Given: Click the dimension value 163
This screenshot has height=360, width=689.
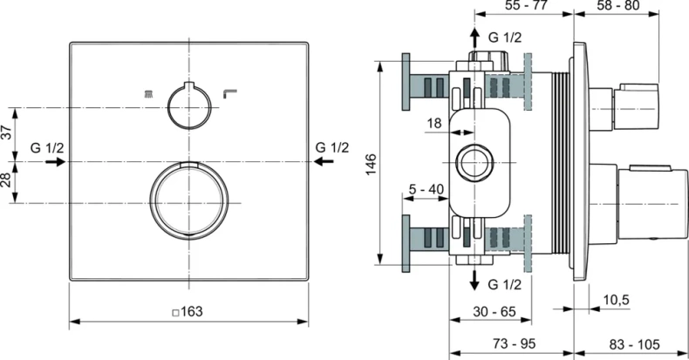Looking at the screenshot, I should (192, 310).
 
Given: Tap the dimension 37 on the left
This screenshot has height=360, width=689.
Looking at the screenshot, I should (8, 133).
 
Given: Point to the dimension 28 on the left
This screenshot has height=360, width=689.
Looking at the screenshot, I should (8, 181).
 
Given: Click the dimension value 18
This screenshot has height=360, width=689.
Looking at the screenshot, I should (433, 124).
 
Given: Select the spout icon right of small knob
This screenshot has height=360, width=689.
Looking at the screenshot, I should (230, 92).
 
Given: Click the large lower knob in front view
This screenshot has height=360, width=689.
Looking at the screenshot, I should (190, 201).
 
